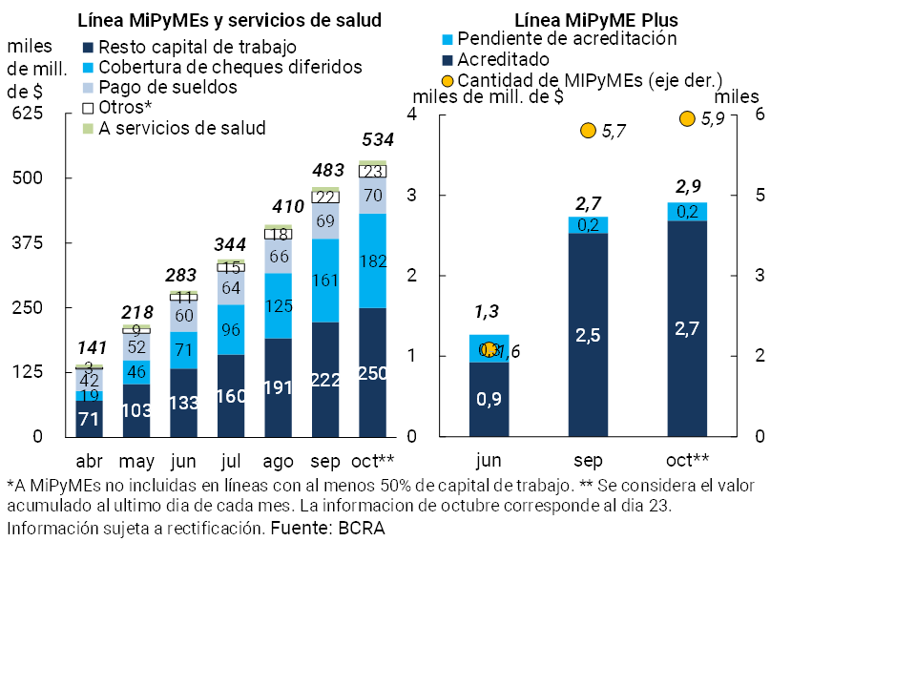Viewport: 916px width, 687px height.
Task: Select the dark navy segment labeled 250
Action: point(372,373)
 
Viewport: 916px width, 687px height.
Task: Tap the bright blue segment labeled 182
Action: point(372,260)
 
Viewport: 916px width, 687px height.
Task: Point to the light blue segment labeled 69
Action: point(325,221)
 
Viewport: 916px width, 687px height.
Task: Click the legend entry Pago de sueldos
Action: point(168,87)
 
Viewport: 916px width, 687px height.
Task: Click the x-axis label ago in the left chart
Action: point(279,461)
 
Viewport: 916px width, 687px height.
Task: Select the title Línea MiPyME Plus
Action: point(589,19)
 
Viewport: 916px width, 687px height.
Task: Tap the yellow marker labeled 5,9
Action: point(686,118)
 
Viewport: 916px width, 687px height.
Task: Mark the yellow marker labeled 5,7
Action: point(588,131)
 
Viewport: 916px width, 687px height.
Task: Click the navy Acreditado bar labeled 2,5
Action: point(588,334)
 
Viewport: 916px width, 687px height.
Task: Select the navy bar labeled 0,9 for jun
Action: point(489,399)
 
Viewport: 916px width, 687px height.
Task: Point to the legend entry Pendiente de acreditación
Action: point(567,39)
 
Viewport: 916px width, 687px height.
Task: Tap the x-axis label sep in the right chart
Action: point(588,461)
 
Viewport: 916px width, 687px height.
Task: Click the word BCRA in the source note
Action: point(362,529)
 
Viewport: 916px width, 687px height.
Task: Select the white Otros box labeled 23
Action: point(372,172)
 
